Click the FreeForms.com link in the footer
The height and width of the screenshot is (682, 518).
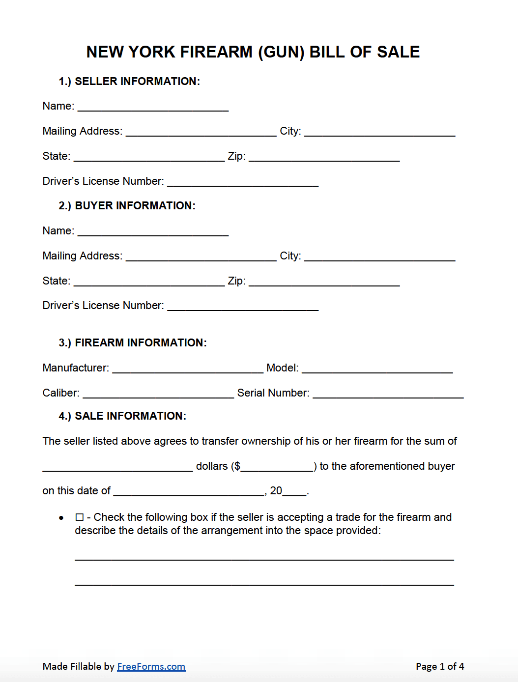[151, 666]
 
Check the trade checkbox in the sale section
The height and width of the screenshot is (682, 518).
[80, 517]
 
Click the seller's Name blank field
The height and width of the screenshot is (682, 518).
[153, 106]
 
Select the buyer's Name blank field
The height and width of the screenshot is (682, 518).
[153, 231]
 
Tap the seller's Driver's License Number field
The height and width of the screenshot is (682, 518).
[243, 181]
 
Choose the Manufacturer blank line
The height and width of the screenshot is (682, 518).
[188, 368]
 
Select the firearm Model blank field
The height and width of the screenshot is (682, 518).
[377, 368]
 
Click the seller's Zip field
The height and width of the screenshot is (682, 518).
[324, 156]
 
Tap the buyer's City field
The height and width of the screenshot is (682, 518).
[379, 256]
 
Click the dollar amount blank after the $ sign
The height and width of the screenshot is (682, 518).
[277, 466]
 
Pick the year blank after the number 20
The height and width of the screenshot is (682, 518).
[294, 491]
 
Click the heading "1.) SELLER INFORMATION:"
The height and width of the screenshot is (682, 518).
[129, 82]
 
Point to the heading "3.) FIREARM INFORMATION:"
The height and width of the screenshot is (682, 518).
[133, 343]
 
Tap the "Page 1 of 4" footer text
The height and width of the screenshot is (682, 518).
[439, 666]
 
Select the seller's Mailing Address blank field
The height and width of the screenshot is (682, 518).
[201, 131]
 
